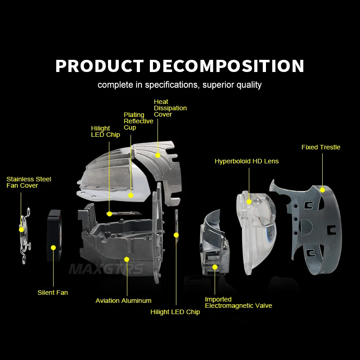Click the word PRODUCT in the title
[99, 66]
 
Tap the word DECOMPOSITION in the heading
[227, 66]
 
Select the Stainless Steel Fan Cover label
[29, 182]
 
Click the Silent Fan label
[53, 292]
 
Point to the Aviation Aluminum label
[123, 301]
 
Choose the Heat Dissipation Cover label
[170, 108]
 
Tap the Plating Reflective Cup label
[139, 121]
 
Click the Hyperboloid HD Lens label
[247, 161]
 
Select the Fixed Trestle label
[321, 147]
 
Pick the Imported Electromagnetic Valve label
[238, 302]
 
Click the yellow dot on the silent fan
[53, 248]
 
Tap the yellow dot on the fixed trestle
[322, 190]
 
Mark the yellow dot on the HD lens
[249, 202]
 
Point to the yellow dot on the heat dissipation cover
[158, 155]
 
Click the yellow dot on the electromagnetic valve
[215, 267]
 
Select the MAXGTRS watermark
[106, 269]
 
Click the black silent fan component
[54, 235]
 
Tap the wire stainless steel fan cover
[25, 236]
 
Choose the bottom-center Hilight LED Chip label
[175, 312]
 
